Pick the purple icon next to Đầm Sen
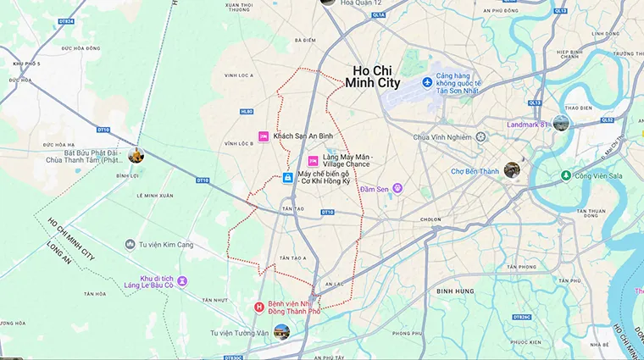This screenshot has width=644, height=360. point(397,188)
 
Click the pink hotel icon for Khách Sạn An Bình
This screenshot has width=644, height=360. point(263,136)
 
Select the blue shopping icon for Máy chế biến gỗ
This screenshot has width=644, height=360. point(288,178)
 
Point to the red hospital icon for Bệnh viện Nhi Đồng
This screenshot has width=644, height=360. point(259,307)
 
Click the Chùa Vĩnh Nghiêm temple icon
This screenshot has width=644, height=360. point(480,136)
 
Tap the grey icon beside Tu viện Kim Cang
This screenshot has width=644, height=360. point(130,244)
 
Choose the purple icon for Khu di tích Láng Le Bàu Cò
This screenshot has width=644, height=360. point(181,280)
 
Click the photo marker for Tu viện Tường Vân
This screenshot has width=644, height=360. point(280,332)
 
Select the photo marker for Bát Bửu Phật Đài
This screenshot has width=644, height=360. point(136,155)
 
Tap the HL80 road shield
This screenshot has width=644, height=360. point(247,112)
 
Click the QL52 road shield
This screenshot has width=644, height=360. point(607,120)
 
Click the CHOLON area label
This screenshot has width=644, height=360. point(430,218)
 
